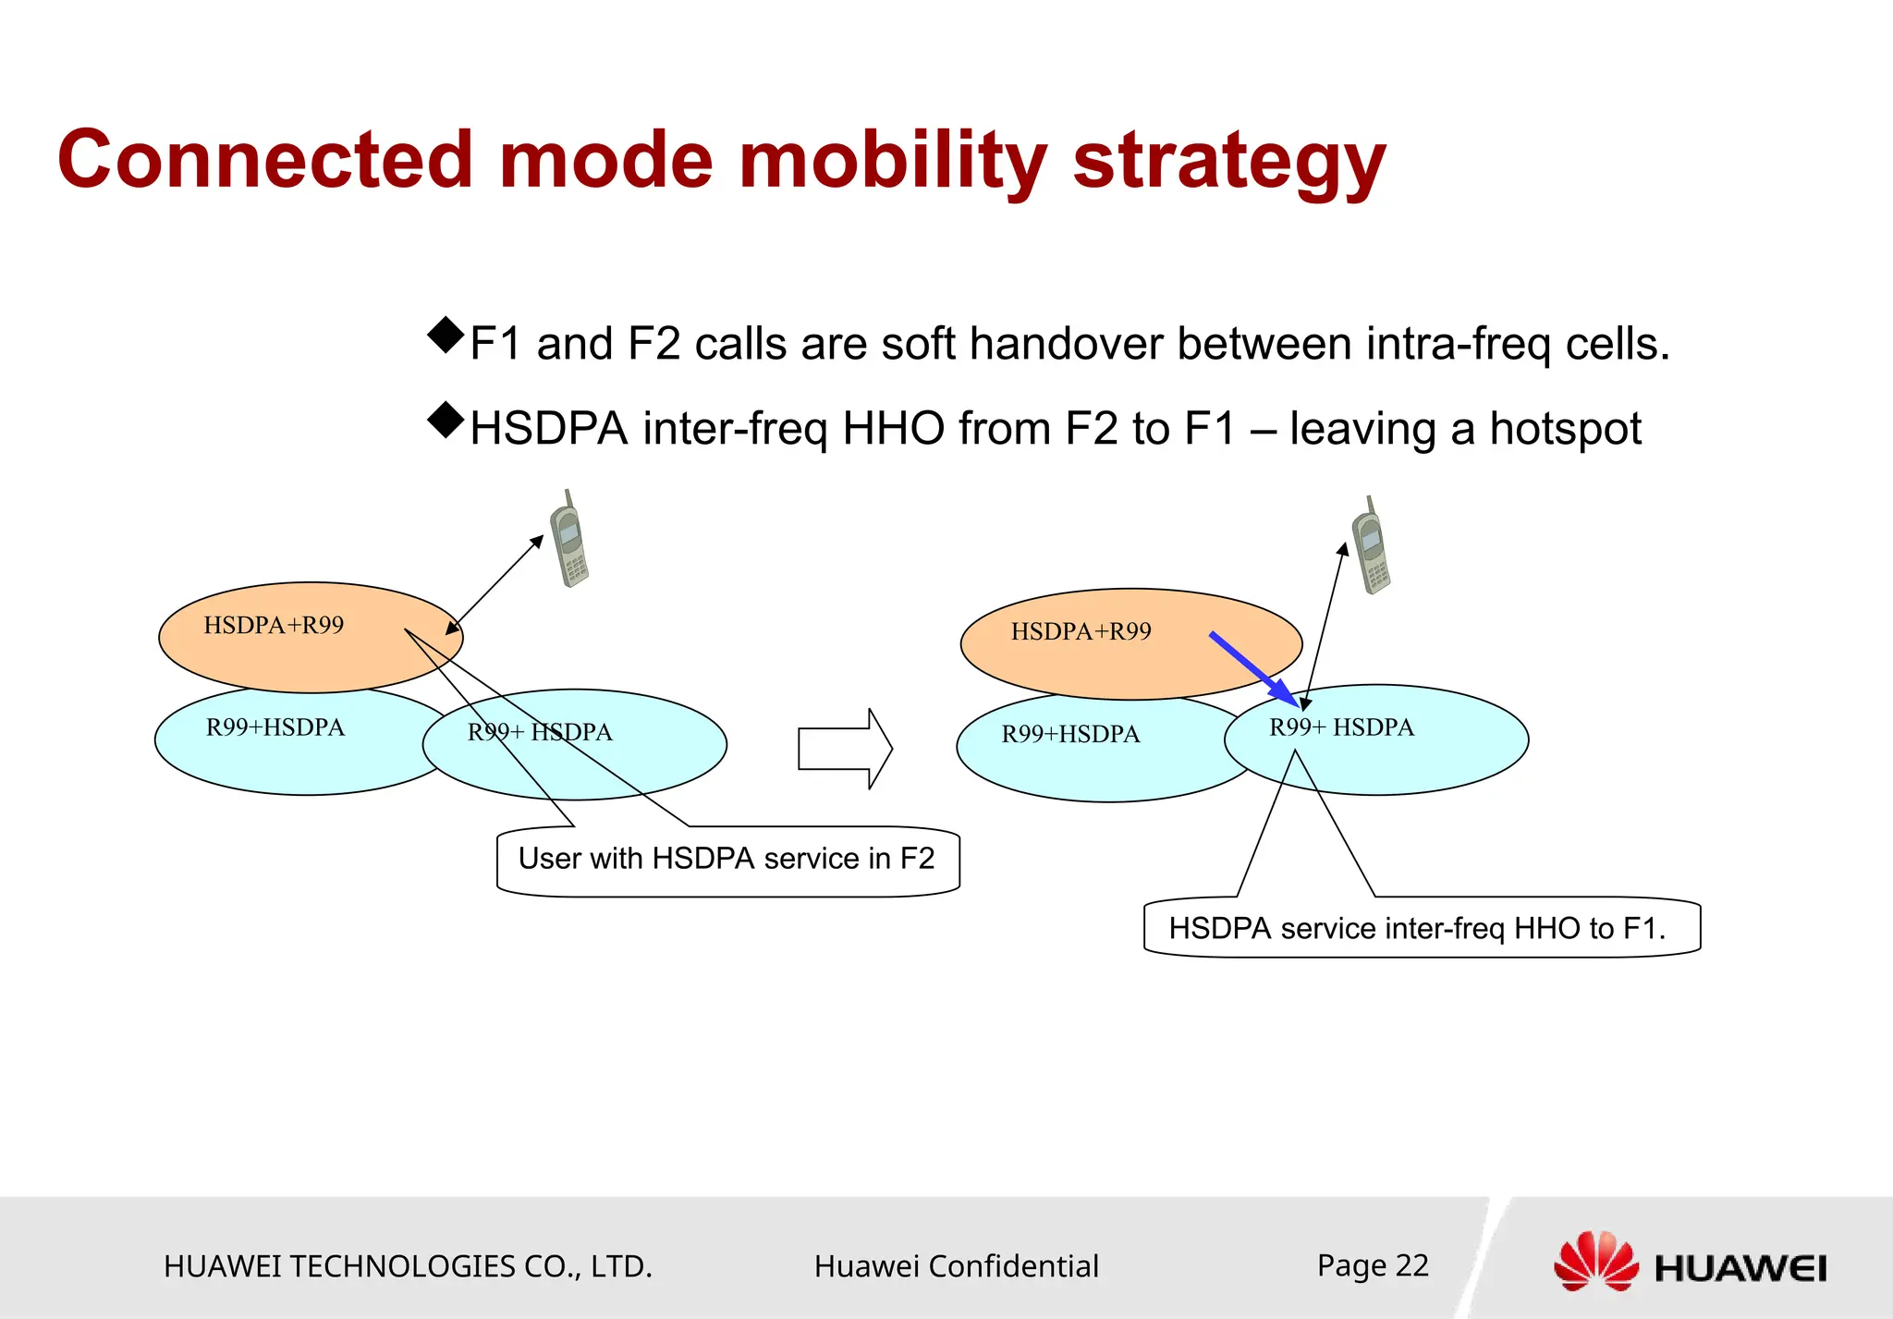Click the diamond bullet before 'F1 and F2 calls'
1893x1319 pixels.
[446, 336]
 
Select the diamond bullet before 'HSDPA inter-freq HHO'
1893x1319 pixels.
[446, 421]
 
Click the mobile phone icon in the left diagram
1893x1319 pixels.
[569, 541]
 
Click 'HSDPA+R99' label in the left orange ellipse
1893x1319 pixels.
[274, 626]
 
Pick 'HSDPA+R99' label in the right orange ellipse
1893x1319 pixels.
[1081, 632]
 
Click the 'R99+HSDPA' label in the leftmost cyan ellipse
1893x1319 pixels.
[275, 728]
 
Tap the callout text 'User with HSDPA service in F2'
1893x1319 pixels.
[727, 859]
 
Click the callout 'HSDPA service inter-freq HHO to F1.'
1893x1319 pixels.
[1417, 928]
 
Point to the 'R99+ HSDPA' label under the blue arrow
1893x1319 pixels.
[1341, 728]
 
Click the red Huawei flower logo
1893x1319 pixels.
[1595, 1262]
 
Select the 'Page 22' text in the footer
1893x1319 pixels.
[1373, 1265]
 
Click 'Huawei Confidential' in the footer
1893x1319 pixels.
[956, 1266]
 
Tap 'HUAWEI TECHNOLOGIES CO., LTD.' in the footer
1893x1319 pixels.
[408, 1266]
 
